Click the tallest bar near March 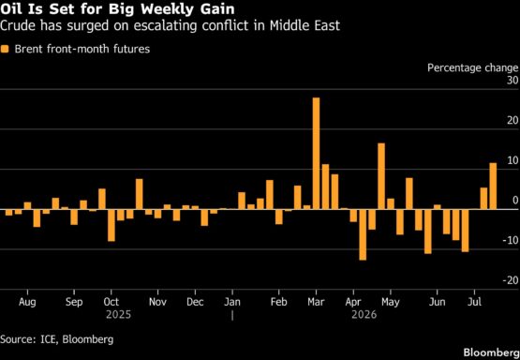[x=316, y=154]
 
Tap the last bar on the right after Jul [x=493, y=187]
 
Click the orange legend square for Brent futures [x=5, y=50]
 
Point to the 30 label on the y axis [x=512, y=81]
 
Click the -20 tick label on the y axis [x=510, y=280]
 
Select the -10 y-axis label [x=510, y=241]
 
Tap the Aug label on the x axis [x=27, y=303]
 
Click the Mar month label [x=316, y=302]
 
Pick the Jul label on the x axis [x=475, y=302]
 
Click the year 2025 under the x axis [x=118, y=315]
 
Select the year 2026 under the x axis [x=364, y=315]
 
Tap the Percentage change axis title [x=472, y=68]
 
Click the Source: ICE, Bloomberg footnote [x=57, y=339]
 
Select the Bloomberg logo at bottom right [x=492, y=352]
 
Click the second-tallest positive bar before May [x=381, y=176]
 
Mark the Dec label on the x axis [x=195, y=302]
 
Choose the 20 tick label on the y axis [x=512, y=121]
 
